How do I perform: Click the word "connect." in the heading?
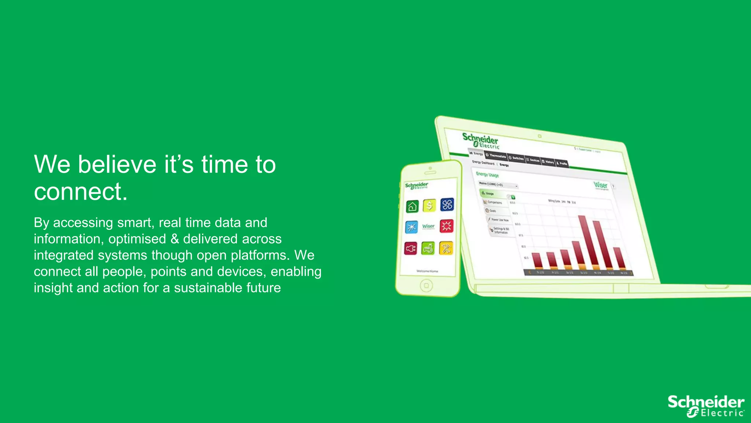81,192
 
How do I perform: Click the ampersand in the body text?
175,239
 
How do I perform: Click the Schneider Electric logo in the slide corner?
706,406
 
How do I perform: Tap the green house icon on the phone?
412,206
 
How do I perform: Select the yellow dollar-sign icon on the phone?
429,205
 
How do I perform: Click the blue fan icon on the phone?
447,205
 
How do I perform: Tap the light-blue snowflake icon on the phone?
411,227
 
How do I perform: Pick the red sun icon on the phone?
446,226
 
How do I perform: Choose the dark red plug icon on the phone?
411,249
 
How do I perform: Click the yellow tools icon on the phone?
446,249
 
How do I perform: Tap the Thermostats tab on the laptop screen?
496,156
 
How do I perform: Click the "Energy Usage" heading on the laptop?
487,174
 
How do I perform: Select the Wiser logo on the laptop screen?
601,185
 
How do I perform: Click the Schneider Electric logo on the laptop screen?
480,140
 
